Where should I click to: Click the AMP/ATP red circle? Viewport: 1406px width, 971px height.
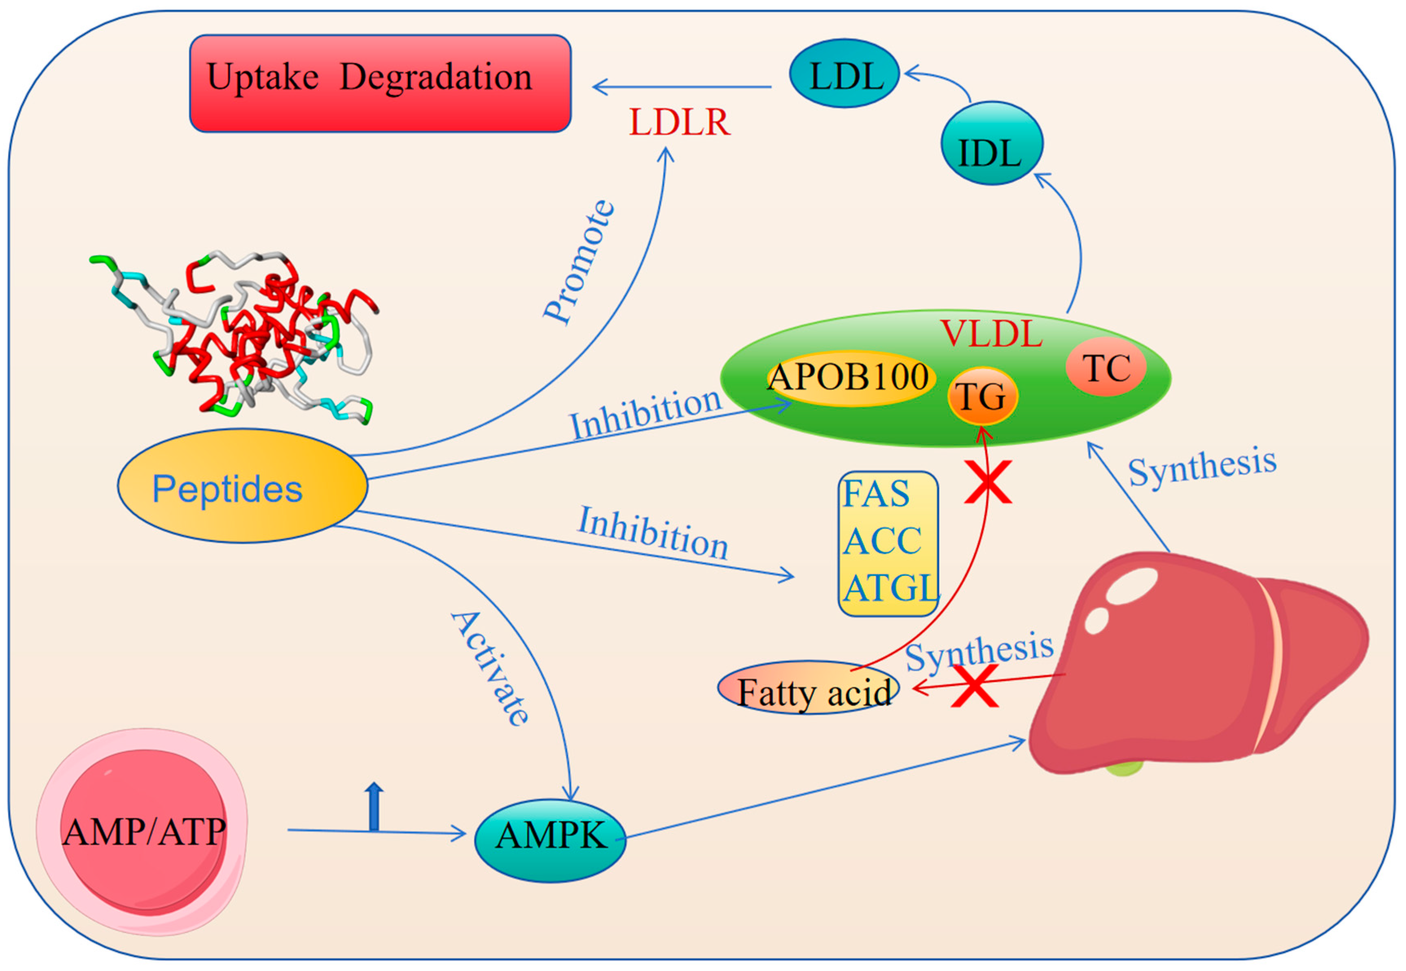coord(144,832)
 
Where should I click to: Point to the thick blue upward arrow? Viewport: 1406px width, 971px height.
coord(374,806)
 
